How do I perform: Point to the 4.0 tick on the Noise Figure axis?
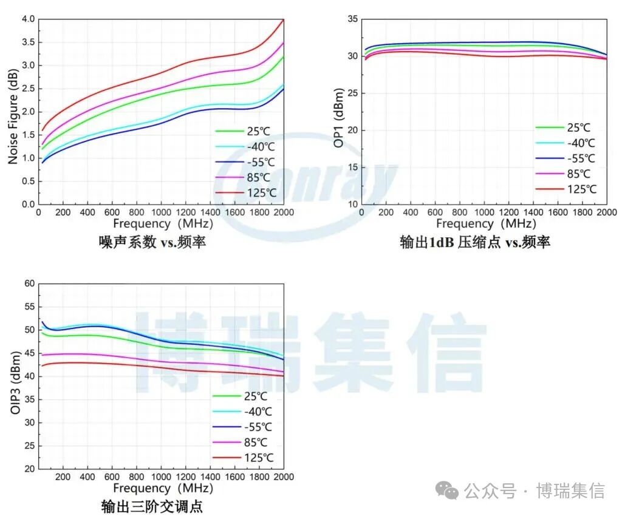[x=28, y=19]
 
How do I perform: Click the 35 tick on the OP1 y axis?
[x=351, y=19]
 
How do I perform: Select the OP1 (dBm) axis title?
[x=338, y=118]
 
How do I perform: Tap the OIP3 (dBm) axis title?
[x=15, y=377]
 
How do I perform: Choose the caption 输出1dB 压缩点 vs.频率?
[x=475, y=242]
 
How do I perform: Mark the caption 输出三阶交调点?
[x=152, y=506]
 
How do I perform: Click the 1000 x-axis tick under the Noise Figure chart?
[x=161, y=212]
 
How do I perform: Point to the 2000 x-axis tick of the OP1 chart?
[x=606, y=212]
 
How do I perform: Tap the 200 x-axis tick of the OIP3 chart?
[x=63, y=477]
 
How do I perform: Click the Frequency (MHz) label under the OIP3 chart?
[x=159, y=488]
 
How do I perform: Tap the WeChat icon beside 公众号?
[x=450, y=491]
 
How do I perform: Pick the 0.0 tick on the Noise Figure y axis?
[x=28, y=205]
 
